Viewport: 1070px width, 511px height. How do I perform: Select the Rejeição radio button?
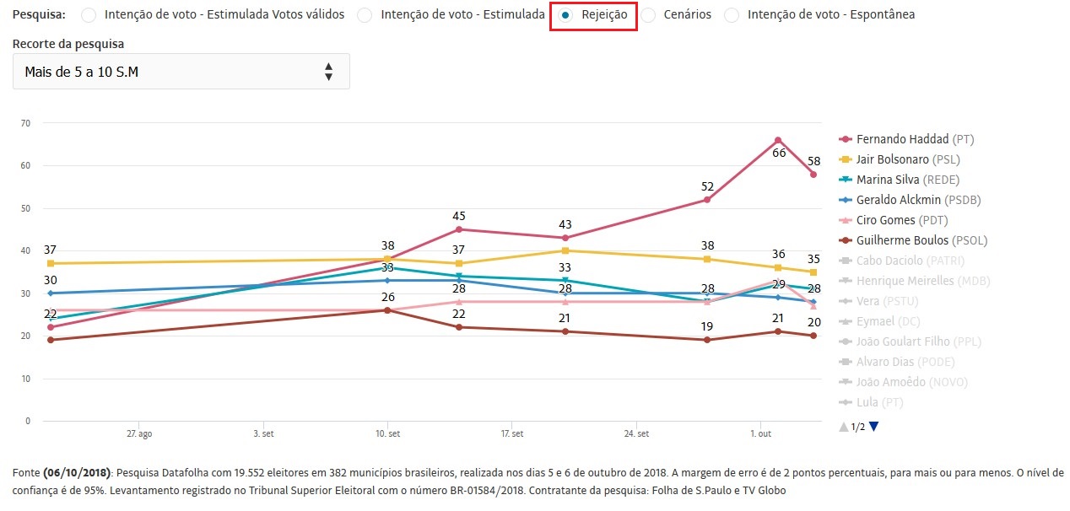(x=566, y=15)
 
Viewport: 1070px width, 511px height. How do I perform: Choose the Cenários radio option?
(x=648, y=15)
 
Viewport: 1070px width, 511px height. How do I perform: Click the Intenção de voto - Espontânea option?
(x=732, y=15)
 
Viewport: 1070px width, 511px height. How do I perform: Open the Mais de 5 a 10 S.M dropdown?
(x=181, y=72)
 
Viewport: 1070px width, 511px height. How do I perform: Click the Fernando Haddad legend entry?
(x=915, y=139)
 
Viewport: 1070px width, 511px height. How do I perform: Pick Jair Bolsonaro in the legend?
(x=908, y=159)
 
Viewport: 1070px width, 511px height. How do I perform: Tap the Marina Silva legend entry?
(x=907, y=180)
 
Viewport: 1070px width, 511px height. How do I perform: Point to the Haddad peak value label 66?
(x=779, y=153)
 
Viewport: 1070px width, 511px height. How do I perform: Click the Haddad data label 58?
(x=813, y=160)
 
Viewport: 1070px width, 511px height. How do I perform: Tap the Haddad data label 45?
(x=459, y=216)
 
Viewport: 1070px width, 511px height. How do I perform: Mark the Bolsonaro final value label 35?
(x=813, y=259)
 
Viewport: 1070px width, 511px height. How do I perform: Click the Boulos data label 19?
(x=706, y=326)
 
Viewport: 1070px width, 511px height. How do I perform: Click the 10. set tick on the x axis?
(x=388, y=433)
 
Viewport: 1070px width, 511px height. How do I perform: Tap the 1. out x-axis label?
(x=760, y=433)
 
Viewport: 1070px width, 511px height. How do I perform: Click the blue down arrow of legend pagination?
(x=873, y=427)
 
